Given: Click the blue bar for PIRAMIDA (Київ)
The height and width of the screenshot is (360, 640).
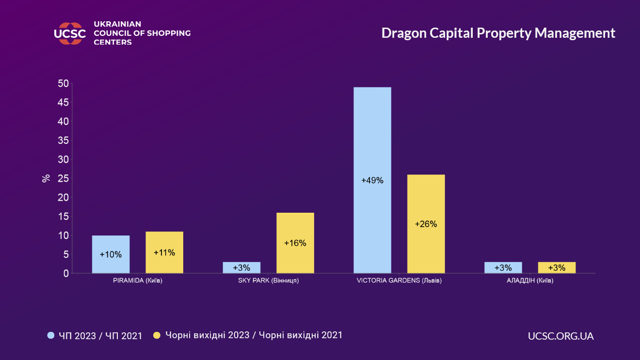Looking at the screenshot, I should [x=111, y=254].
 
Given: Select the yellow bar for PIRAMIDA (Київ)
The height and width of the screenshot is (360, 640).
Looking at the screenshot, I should [x=164, y=252].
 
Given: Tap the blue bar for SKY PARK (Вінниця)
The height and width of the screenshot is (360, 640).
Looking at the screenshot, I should [x=241, y=267].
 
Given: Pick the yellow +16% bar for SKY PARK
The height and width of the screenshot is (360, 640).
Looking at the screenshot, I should [x=295, y=243].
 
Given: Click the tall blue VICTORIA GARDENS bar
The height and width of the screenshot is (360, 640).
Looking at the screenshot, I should [x=372, y=180].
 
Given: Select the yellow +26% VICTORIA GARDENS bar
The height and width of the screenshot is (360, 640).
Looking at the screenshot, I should [x=426, y=224].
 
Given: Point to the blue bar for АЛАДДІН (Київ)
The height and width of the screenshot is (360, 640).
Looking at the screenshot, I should [x=503, y=267].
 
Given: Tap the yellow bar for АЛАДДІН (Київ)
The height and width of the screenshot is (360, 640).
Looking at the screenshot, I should [x=557, y=267].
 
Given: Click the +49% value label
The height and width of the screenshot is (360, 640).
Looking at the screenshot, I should [x=372, y=181].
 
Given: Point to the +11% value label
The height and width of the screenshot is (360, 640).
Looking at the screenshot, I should [x=164, y=252].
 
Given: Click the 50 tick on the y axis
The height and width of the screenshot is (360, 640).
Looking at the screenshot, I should [x=64, y=83].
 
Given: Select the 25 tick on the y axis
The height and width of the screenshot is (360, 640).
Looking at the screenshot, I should [x=64, y=178].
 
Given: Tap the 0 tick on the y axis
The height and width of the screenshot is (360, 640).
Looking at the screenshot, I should [x=66, y=273].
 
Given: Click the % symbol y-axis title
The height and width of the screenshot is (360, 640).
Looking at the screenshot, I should [x=46, y=178].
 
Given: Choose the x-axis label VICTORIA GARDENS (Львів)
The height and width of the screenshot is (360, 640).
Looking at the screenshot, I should [x=399, y=281].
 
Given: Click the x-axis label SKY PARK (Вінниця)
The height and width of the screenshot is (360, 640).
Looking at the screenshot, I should [x=268, y=281].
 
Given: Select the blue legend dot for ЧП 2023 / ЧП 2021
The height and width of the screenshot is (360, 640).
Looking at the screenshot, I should [x=51, y=335].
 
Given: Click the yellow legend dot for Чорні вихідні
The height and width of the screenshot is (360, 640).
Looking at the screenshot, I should [x=157, y=335].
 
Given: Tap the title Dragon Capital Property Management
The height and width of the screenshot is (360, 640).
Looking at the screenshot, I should [x=498, y=33].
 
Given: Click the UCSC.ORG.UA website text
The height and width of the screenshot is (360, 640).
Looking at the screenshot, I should [x=560, y=336].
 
